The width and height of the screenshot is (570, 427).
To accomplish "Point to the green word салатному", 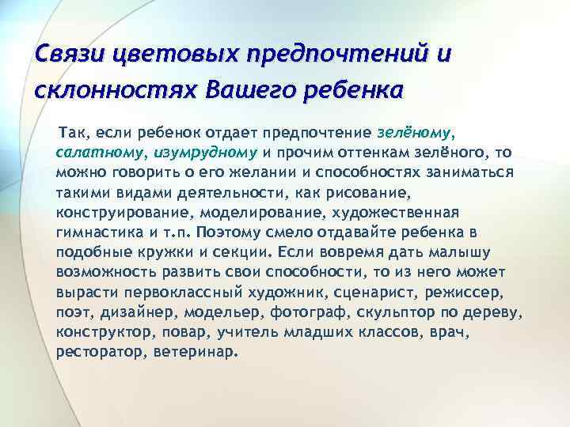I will click(97, 152).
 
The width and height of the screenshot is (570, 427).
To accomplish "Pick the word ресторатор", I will click(97, 352).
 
